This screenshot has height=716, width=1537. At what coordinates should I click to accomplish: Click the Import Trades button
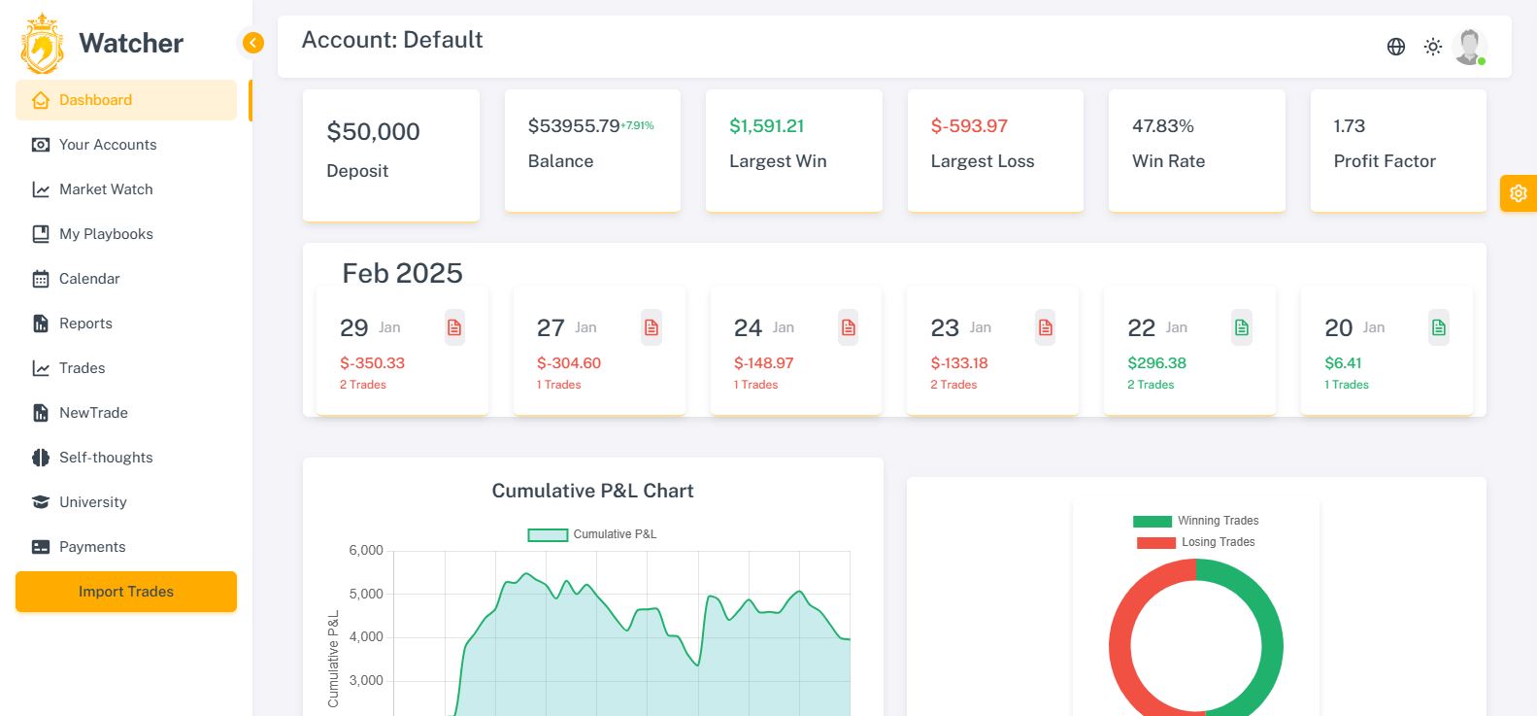(x=126, y=592)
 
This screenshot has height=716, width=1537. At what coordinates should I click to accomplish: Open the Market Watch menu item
(x=106, y=189)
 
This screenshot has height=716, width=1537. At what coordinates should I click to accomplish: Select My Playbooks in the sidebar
(x=106, y=234)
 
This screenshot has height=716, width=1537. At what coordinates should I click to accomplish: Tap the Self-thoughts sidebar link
(x=106, y=458)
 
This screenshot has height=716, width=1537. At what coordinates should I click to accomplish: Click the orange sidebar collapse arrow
(x=252, y=43)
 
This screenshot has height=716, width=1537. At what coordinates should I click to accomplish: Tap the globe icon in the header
(x=1396, y=47)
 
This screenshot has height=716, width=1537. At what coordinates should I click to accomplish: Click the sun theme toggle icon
(x=1433, y=47)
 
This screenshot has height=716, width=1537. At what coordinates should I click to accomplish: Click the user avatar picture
(x=1470, y=46)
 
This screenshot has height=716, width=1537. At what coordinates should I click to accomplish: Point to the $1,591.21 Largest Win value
(x=767, y=126)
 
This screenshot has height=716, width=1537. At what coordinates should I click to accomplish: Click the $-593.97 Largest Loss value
(x=969, y=126)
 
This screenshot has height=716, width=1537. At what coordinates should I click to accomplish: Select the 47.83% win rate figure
(x=1163, y=126)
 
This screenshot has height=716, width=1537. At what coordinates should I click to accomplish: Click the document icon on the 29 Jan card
(x=454, y=328)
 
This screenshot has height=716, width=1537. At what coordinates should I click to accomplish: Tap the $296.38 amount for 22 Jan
(x=1156, y=363)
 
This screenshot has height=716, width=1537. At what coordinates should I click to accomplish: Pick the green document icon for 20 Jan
(x=1439, y=328)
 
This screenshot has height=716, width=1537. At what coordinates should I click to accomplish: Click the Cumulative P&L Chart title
(x=592, y=491)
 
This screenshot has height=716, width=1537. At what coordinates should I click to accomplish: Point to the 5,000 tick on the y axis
(x=366, y=594)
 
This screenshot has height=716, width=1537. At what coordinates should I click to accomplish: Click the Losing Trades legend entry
(x=1196, y=542)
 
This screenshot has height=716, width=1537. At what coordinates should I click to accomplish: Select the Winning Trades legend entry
(x=1196, y=521)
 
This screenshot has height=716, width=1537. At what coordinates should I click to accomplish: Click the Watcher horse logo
(x=43, y=44)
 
